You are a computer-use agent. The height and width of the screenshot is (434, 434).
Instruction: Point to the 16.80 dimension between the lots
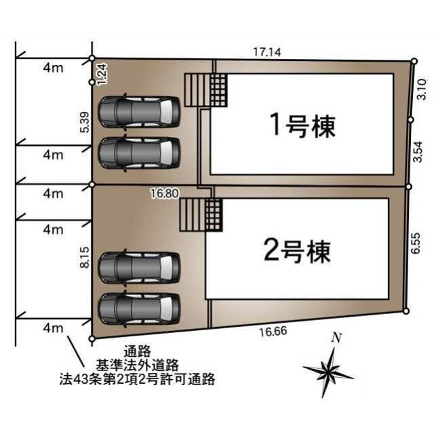(164, 193)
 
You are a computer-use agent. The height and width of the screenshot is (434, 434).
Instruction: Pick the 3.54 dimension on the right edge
(419, 150)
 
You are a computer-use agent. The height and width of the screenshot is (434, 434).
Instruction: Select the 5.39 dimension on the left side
(83, 122)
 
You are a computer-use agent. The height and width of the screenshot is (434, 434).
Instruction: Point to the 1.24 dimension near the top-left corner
(101, 73)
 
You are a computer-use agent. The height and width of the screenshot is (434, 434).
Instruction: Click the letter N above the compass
(335, 337)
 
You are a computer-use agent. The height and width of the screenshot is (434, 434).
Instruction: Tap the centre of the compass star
(330, 371)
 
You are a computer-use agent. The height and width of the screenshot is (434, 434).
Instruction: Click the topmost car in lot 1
(140, 110)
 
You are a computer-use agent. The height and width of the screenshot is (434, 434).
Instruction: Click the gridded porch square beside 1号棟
(218, 90)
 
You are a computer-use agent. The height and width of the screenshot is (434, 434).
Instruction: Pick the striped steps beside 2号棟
(191, 215)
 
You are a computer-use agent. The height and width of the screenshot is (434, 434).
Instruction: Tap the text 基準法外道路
(136, 366)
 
